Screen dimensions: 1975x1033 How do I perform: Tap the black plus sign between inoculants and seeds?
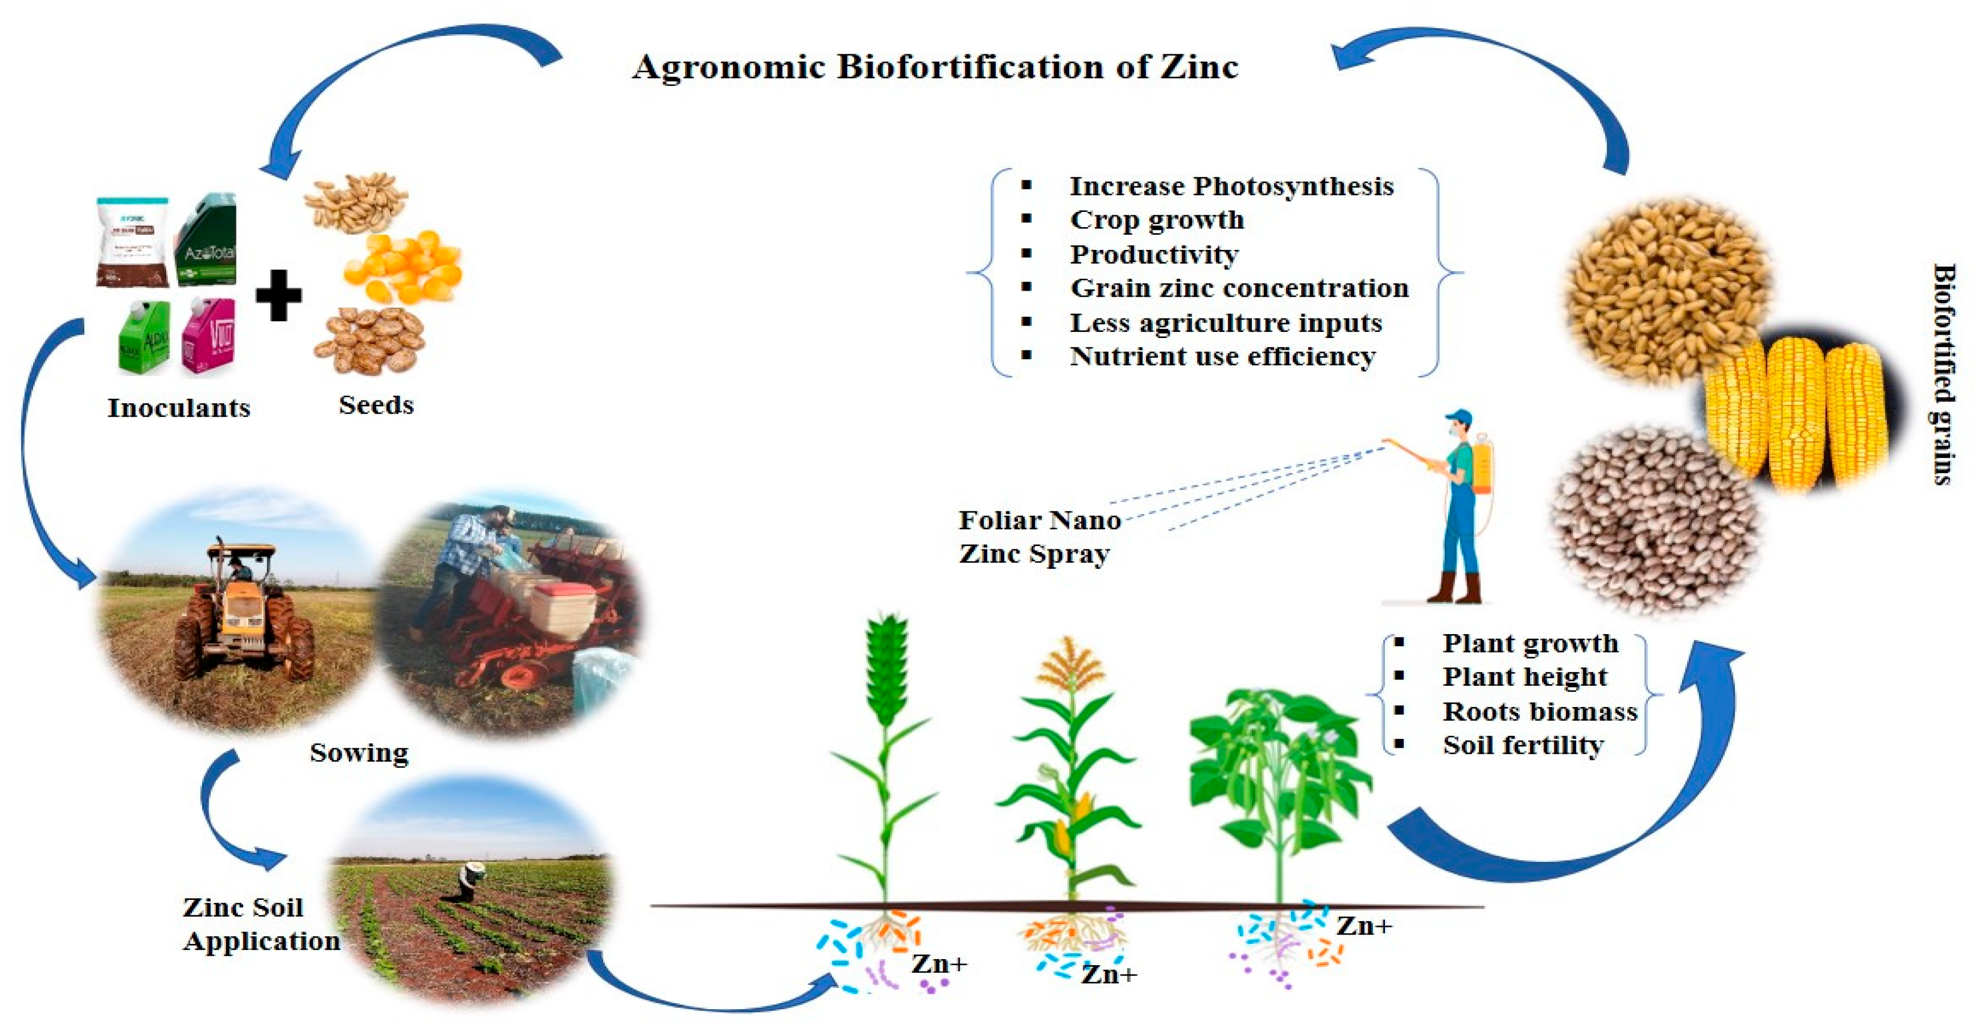coord(278,295)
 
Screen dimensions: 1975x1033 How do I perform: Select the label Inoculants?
coord(179,407)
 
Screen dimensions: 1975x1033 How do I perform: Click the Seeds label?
coord(375,404)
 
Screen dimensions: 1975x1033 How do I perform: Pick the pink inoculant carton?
coord(209,336)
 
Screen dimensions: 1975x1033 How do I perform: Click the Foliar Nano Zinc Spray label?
coord(1039,537)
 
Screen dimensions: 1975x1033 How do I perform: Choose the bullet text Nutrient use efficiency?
coord(1222,356)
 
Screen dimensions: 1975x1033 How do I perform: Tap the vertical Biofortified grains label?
coord(1943,374)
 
